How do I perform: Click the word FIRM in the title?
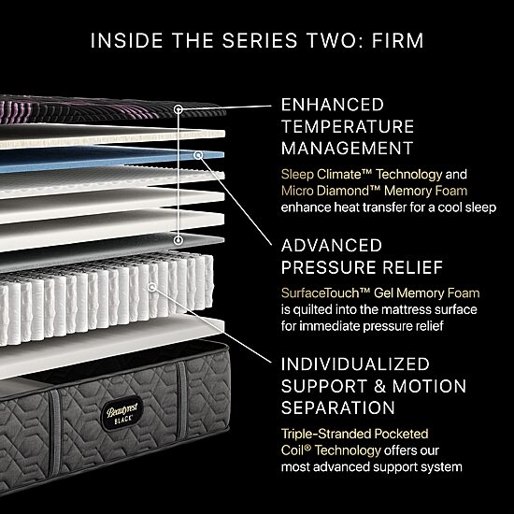point(397,40)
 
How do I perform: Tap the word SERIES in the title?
point(259,40)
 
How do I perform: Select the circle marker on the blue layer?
point(198,155)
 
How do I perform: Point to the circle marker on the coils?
point(151,288)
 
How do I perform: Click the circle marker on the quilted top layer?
point(178,109)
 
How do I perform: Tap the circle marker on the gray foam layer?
point(178,240)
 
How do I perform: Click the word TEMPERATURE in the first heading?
point(348,126)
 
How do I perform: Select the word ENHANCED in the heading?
point(333,105)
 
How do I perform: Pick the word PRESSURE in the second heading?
point(329,267)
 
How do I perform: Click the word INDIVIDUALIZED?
point(355,364)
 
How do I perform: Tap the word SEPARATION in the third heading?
point(338,407)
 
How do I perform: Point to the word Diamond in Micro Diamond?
point(346,191)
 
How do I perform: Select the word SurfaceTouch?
point(325,293)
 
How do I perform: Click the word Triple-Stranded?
point(326,434)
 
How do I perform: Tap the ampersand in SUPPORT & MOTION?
point(380,386)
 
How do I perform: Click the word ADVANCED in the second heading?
point(332,246)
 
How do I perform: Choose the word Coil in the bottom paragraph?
point(293,450)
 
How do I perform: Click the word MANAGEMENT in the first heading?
point(347,149)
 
